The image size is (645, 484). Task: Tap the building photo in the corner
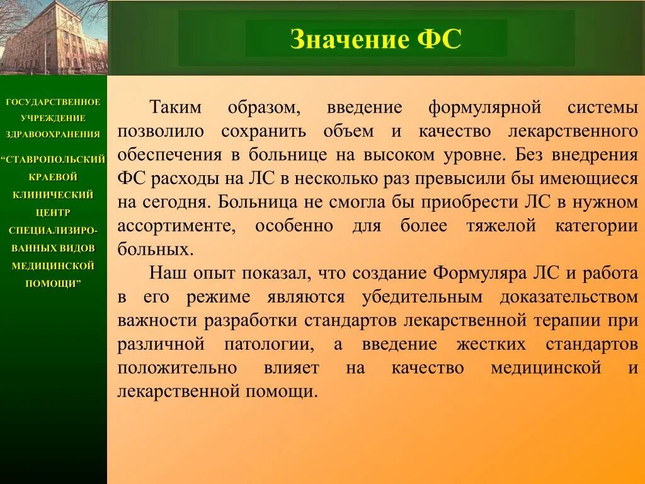pyautogui.click(x=54, y=37)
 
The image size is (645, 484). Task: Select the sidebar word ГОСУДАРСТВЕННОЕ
pyautogui.click(x=53, y=102)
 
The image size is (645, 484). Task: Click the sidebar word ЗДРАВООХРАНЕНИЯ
pyautogui.click(x=53, y=134)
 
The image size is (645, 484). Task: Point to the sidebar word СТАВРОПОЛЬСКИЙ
pyautogui.click(x=55, y=159)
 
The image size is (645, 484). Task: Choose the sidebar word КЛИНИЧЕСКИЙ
pyautogui.click(x=53, y=195)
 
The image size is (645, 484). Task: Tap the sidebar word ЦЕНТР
pyautogui.click(x=53, y=213)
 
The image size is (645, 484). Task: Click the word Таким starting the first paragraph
pyautogui.click(x=175, y=107)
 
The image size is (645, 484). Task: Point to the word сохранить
pyautogui.click(x=264, y=132)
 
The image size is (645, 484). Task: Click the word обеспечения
pyautogui.click(x=169, y=155)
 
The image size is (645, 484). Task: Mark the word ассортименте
pyautogui.click(x=177, y=226)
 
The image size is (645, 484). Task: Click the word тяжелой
pyautogui.click(x=501, y=226)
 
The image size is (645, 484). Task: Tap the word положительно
pyautogui.click(x=177, y=368)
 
